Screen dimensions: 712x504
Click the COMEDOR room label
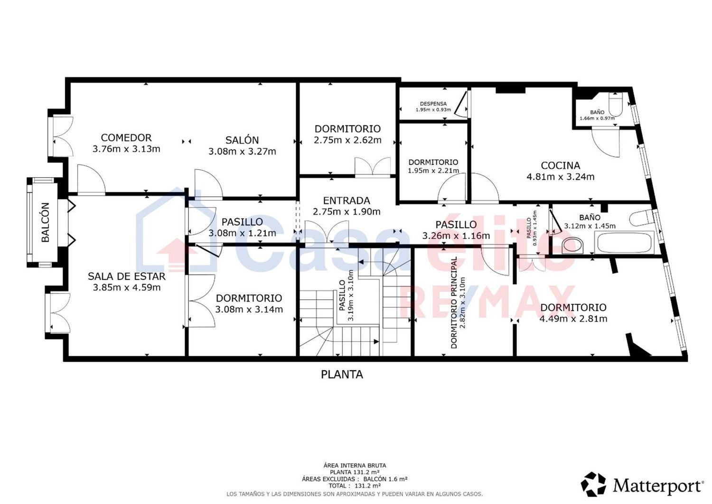(x=126, y=137)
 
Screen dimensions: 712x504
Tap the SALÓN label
(x=242, y=140)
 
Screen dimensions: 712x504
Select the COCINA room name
(x=561, y=165)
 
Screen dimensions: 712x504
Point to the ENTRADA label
(x=347, y=201)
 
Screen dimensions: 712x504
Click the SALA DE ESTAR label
(x=127, y=276)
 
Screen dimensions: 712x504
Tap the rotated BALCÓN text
(x=46, y=222)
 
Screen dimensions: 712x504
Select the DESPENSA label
(x=433, y=104)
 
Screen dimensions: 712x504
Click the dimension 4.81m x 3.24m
(x=561, y=176)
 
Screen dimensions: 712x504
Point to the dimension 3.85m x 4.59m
(x=127, y=287)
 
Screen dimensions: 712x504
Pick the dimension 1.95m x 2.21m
(x=433, y=171)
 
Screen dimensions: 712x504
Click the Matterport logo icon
(x=593, y=484)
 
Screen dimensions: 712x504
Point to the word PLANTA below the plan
(x=342, y=375)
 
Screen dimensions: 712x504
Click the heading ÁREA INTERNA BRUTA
(x=355, y=466)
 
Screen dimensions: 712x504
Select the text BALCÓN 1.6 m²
(x=385, y=479)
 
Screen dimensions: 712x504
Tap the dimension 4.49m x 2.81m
(x=573, y=319)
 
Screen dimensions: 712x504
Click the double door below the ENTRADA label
(x=327, y=232)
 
